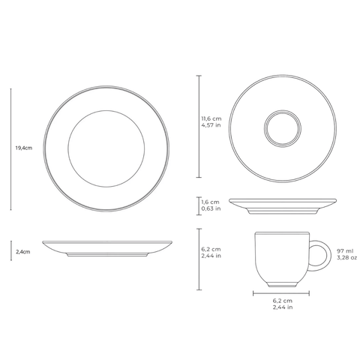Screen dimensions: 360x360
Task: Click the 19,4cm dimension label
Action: click(x=24, y=148)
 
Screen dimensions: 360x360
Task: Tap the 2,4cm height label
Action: click(x=23, y=252)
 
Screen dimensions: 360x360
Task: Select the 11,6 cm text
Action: click(x=211, y=118)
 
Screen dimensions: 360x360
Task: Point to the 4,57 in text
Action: click(x=211, y=125)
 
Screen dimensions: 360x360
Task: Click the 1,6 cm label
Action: click(x=210, y=202)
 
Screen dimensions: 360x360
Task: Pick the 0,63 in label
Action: click(x=211, y=208)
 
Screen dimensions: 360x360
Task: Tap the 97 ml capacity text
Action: click(x=345, y=251)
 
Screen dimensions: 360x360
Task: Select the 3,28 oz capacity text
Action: click(x=346, y=257)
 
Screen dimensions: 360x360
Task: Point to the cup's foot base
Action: click(x=282, y=284)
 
